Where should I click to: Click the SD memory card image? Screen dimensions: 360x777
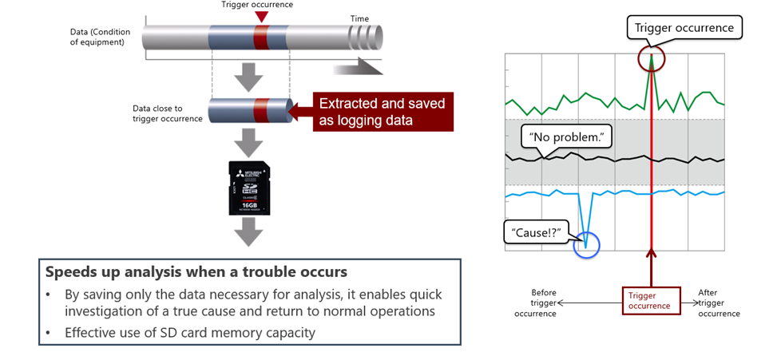249,187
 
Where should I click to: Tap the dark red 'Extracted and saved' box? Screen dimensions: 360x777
382,112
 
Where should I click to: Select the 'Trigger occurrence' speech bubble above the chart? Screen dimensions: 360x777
684,28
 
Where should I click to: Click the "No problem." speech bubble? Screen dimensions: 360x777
566,138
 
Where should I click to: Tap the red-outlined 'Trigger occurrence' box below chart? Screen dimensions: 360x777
651,300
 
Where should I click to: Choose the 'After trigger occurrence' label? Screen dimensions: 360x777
719,303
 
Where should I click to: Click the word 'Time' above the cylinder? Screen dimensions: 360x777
360,18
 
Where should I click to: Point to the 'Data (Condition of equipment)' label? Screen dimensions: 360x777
97,37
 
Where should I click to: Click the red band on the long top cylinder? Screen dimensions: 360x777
261,38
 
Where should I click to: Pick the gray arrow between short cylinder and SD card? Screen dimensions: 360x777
249,144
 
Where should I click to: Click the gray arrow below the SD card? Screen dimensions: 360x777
249,233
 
